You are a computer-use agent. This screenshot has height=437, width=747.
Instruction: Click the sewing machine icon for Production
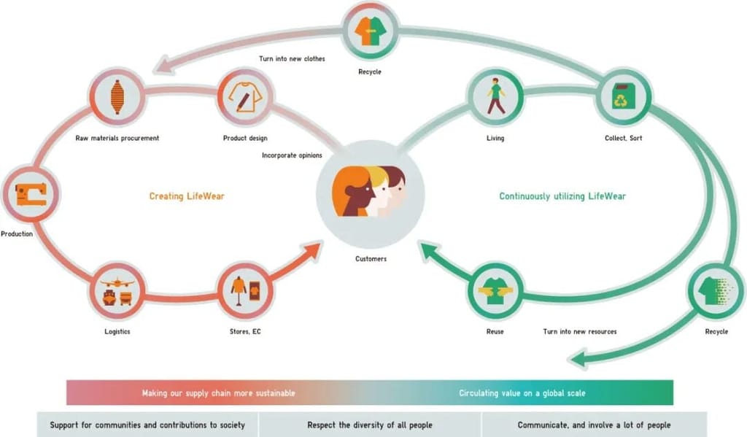31,195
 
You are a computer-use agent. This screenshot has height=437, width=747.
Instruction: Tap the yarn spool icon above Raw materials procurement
117,97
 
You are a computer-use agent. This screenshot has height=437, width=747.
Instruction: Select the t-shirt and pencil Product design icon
245,97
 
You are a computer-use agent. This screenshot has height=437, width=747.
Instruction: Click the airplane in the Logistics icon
117,282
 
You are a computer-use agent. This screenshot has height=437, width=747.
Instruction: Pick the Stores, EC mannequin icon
245,290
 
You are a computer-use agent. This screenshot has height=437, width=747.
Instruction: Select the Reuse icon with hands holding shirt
495,290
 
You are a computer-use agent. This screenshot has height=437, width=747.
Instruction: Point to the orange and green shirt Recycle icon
370,31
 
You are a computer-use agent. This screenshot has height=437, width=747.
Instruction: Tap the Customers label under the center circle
371,259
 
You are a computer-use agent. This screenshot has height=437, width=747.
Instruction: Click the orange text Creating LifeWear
187,196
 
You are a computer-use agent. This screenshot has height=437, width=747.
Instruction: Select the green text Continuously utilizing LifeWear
562,196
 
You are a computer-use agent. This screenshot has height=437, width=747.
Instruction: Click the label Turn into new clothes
292,58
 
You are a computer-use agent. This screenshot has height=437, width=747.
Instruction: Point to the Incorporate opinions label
292,155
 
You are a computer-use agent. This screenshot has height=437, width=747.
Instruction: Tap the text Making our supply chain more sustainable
219,393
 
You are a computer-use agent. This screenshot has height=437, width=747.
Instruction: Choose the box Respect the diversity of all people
370,425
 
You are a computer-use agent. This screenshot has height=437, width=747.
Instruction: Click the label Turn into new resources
580,331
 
